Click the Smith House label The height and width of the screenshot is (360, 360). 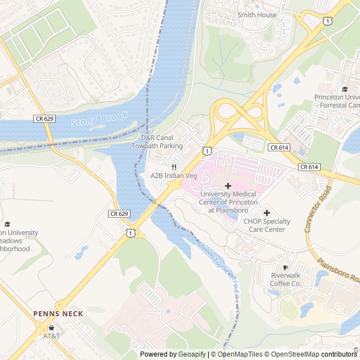(257, 15)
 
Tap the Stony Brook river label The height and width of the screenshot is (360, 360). (100, 119)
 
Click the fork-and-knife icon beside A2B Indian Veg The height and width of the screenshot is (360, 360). (174, 167)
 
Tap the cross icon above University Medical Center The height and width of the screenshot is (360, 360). (228, 186)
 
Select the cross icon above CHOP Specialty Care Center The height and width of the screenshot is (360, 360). (267, 213)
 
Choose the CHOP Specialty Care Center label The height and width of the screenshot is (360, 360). (267, 226)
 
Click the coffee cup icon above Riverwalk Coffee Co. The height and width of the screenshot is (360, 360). (286, 267)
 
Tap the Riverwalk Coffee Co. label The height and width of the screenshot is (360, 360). (286, 280)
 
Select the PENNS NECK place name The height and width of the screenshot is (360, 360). (58, 314)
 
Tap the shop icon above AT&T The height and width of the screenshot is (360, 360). (51, 327)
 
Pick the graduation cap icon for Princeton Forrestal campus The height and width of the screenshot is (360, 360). (345, 89)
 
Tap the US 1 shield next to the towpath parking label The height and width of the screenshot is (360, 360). (207, 151)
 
